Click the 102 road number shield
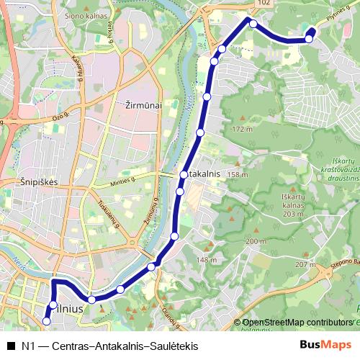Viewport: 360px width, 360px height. coord(264,4)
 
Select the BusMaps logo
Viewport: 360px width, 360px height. coord(325,345)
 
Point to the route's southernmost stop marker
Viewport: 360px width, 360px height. coord(48,321)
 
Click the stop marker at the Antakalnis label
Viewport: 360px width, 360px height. coord(184,175)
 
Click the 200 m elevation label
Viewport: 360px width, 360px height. coord(256,242)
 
